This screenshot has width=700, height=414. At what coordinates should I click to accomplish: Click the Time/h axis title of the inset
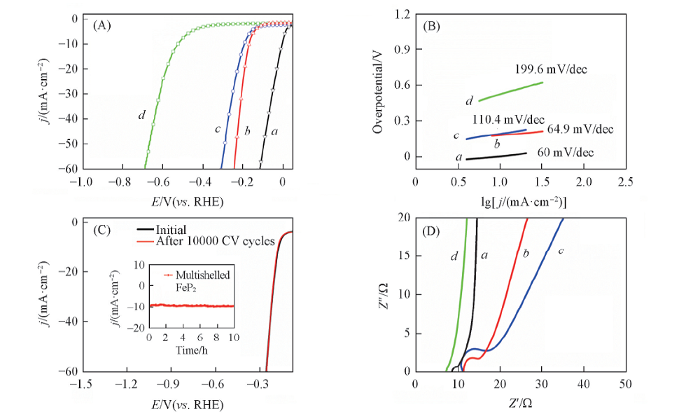click(191, 349)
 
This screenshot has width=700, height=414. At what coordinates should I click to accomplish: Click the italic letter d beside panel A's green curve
click(141, 114)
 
